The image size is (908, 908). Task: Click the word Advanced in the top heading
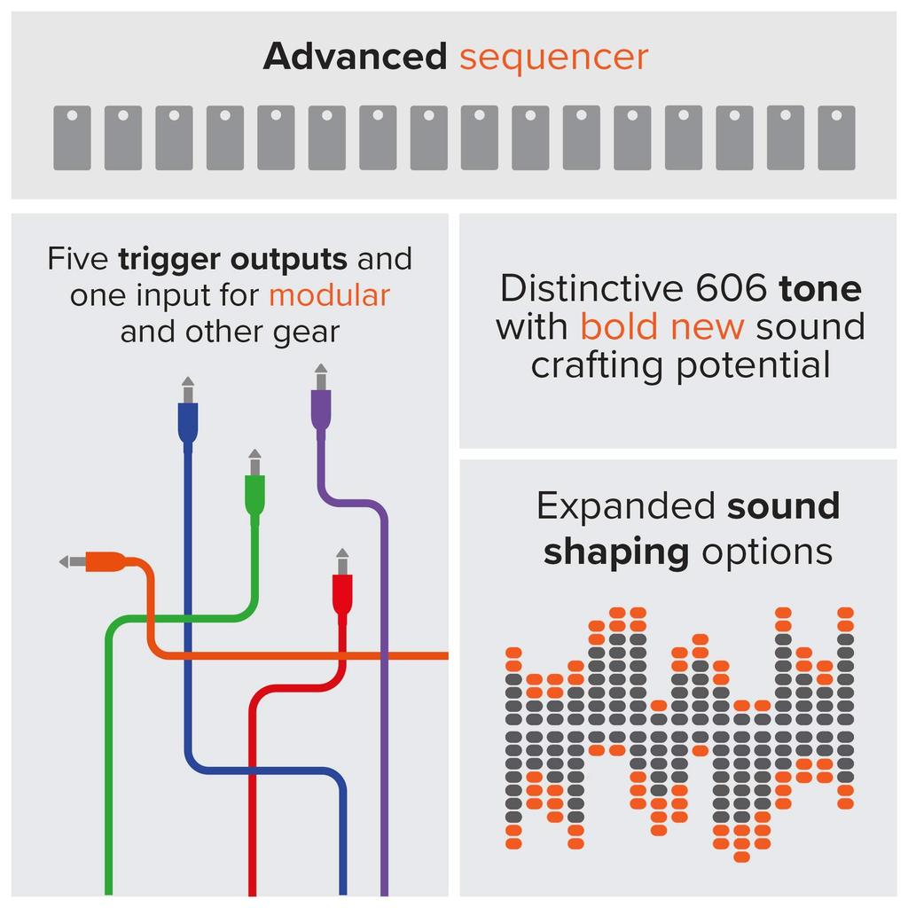tap(355, 57)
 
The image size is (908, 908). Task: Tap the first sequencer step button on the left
tap(72, 137)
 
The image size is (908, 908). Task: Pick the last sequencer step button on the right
tap(836, 137)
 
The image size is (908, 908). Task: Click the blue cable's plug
tap(187, 417)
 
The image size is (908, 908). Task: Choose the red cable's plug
tap(342, 590)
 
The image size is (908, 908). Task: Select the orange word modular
tap(329, 295)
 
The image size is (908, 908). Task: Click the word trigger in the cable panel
tap(168, 260)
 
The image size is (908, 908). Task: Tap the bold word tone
tap(820, 289)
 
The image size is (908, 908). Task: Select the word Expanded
tap(625, 507)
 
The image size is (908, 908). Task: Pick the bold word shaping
tap(616, 552)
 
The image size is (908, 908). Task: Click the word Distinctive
tap(591, 288)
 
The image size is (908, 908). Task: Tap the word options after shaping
tap(767, 552)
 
